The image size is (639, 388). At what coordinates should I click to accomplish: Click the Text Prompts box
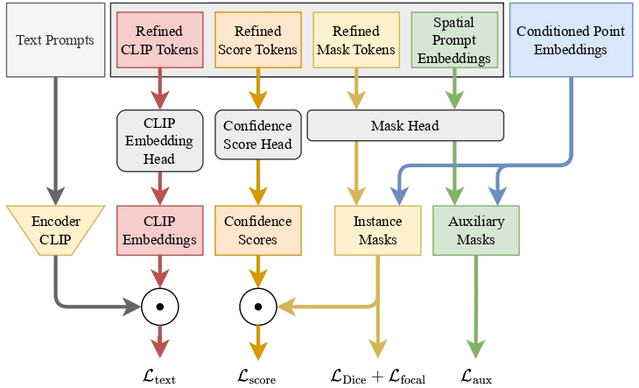[55, 39]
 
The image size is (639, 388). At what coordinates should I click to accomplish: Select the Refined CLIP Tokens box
[159, 40]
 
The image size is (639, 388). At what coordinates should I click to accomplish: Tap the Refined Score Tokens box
[257, 40]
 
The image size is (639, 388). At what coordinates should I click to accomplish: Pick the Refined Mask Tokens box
[355, 40]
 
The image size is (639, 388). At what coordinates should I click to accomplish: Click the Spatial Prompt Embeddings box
[454, 40]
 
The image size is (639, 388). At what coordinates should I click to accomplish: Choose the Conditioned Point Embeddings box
[571, 39]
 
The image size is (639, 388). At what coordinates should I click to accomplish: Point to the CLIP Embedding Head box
[159, 140]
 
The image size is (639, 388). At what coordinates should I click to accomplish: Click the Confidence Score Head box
[257, 134]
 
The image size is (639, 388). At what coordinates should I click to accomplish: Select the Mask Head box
[405, 125]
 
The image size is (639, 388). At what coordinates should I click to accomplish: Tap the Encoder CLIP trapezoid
[55, 230]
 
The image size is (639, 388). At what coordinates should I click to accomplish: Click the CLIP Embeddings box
[159, 230]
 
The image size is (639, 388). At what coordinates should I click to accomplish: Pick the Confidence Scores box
[257, 230]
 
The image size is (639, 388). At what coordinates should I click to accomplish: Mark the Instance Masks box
[378, 230]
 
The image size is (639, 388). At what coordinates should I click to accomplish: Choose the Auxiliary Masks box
[476, 230]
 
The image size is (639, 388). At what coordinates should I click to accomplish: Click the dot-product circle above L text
[159, 307]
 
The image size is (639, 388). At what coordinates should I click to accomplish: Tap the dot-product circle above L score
[257, 307]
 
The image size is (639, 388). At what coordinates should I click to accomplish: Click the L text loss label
[159, 377]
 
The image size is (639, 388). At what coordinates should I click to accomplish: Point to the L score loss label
[257, 377]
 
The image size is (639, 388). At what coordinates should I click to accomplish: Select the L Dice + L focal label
[378, 377]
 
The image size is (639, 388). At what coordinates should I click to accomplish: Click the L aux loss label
[476, 377]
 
